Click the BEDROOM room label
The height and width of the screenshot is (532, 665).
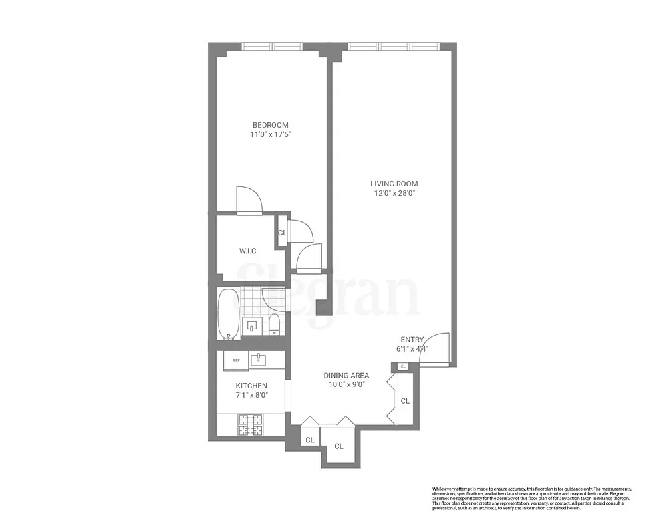tap(270, 125)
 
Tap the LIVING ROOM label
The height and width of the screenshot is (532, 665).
tap(394, 184)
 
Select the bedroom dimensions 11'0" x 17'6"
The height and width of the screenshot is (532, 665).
tap(270, 134)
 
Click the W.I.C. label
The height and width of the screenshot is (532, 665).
tap(248, 251)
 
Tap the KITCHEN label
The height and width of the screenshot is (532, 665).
tap(251, 386)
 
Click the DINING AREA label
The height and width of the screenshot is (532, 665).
tap(346, 375)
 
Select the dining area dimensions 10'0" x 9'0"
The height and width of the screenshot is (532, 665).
tap(346, 384)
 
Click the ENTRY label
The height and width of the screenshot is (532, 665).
tap(412, 340)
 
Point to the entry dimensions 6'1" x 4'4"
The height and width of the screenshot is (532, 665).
tap(412, 348)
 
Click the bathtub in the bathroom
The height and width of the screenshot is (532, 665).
tap(228, 313)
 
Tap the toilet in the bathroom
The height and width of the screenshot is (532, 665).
tap(273, 324)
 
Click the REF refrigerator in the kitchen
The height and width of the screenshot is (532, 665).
tap(236, 360)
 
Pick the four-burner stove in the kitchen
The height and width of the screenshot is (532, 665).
tap(252, 424)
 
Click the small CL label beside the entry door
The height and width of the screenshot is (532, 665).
tap(403, 366)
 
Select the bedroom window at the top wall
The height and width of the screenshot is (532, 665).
tap(272, 47)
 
